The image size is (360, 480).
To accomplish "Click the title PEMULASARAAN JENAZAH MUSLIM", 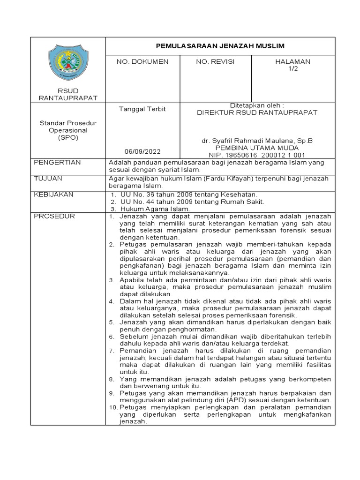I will click(220, 45).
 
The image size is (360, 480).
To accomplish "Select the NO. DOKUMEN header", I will click(143, 61).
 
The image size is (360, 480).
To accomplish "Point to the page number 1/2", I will click(293, 68).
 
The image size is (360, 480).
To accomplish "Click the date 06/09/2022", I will click(142, 151).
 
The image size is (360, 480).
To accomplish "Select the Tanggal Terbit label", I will click(142, 109).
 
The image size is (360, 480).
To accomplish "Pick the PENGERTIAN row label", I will click(58, 162).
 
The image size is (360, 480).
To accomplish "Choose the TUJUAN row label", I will click(48, 179).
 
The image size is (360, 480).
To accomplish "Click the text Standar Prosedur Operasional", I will click(67, 127).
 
